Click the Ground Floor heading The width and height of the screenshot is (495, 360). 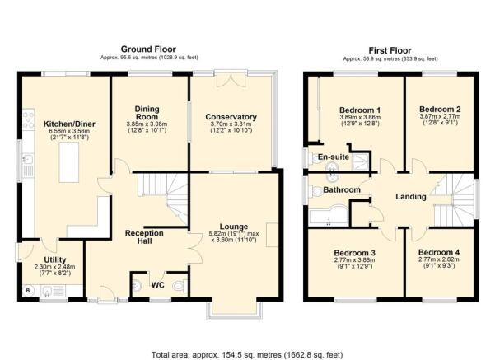pyautogui.click(x=148, y=49)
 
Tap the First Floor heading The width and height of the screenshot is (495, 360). pyautogui.click(x=390, y=50)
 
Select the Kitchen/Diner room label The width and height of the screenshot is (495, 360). pyautogui.click(x=69, y=124)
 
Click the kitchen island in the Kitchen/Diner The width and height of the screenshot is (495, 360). pyautogui.click(x=69, y=162)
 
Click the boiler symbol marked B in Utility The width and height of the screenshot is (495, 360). pyautogui.click(x=28, y=290)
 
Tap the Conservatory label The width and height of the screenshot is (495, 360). pyautogui.click(x=231, y=117)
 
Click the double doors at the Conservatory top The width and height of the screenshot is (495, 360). pyautogui.click(x=231, y=79)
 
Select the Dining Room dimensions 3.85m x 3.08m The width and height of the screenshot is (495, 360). pyautogui.click(x=147, y=124)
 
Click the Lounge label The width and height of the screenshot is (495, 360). pyautogui.click(x=234, y=227)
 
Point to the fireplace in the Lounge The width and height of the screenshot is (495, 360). pyautogui.click(x=272, y=235)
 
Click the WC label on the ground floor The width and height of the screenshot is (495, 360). pyautogui.click(x=158, y=285)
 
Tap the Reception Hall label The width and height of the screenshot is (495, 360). pyautogui.click(x=144, y=237)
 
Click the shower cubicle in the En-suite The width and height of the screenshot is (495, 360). pyautogui.click(x=360, y=162)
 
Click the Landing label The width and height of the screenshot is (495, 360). pyautogui.click(x=411, y=197)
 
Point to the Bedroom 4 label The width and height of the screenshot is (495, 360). pyautogui.click(x=439, y=253)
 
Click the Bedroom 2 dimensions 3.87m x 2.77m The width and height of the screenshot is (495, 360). pyautogui.click(x=440, y=116)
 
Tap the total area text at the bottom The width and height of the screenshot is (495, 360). pyautogui.click(x=247, y=354)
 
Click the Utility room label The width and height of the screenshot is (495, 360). pyautogui.click(x=55, y=259)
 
